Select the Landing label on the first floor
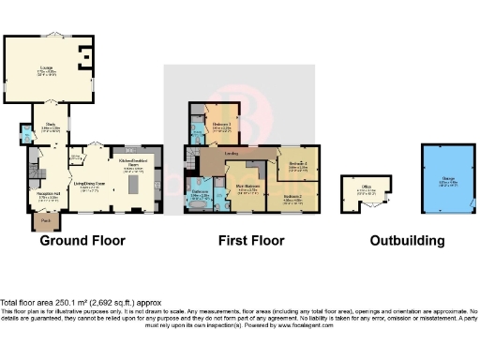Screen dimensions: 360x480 229,154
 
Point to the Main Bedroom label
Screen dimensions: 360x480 247,187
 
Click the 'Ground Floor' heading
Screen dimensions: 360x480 82,241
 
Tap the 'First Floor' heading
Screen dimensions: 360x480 251,241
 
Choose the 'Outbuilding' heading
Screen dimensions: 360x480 407,241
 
